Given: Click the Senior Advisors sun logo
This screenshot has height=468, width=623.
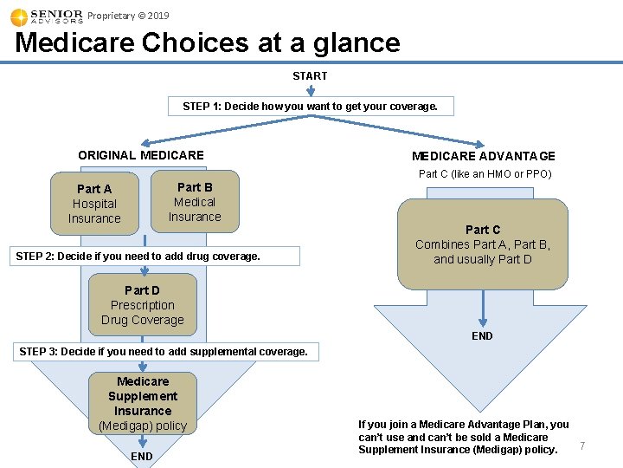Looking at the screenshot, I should click(19, 17).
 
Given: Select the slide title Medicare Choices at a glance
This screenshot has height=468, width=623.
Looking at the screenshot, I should click(208, 42).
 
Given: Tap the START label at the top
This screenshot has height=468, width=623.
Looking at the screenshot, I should click(310, 76).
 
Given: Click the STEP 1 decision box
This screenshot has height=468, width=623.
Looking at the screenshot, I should click(310, 107).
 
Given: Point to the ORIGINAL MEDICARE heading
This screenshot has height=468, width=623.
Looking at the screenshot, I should click(141, 155).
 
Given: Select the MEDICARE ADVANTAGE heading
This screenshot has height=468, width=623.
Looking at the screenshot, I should click(483, 156).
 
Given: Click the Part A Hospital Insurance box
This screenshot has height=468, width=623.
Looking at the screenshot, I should click(94, 205).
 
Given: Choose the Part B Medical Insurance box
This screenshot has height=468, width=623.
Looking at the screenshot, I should click(195, 202).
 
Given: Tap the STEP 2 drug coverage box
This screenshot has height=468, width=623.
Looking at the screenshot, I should click(157, 257).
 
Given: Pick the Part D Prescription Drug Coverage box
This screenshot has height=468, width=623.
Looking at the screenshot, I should click(143, 305).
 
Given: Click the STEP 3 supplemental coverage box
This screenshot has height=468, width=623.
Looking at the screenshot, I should click(164, 352).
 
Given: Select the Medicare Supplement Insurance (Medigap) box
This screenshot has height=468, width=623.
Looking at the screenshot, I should click(143, 404).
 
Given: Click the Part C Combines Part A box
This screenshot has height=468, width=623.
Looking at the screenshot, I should click(483, 244).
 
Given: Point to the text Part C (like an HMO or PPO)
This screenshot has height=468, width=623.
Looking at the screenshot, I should click(485, 174).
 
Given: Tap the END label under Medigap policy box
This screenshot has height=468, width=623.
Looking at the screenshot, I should click(142, 457).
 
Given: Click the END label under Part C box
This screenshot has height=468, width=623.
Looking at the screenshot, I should click(482, 336).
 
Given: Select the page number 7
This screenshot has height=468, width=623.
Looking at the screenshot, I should click(582, 446).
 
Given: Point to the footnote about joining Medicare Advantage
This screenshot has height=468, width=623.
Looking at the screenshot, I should click(463, 437).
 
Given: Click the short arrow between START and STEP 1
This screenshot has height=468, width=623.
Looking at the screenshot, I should click(310, 89).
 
